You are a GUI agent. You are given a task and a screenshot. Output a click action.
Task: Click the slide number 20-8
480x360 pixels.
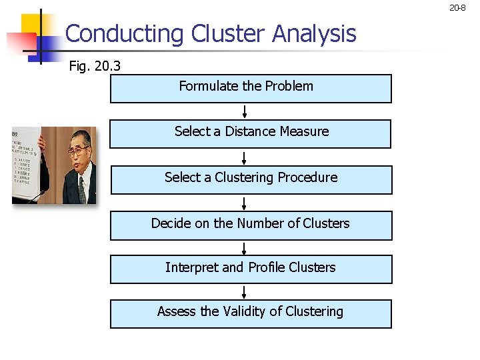(x=457, y=9)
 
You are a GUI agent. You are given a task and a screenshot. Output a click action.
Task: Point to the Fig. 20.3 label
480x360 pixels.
(x=95, y=67)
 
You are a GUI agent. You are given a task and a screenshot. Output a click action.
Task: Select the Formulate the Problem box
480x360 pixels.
(x=251, y=88)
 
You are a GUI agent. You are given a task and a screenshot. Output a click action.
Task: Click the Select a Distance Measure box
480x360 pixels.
(x=251, y=133)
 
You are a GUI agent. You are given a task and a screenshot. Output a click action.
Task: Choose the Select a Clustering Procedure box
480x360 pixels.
(x=251, y=179)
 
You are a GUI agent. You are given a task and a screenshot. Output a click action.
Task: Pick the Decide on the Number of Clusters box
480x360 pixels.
(x=251, y=225)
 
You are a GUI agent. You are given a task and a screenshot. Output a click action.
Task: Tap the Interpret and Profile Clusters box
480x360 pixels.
(x=251, y=269)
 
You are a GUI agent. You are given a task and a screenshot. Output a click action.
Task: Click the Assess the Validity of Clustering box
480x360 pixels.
(x=251, y=313)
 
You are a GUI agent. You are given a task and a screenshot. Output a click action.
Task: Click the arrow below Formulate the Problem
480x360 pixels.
(x=245, y=111)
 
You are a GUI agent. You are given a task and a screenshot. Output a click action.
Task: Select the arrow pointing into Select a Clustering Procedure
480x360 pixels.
(x=245, y=157)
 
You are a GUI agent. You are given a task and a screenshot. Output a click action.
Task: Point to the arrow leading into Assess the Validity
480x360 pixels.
(x=245, y=291)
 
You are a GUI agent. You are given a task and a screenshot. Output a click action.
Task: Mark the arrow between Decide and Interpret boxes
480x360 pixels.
(x=245, y=247)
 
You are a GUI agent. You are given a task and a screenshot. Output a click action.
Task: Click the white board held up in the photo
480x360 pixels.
(x=25, y=163)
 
